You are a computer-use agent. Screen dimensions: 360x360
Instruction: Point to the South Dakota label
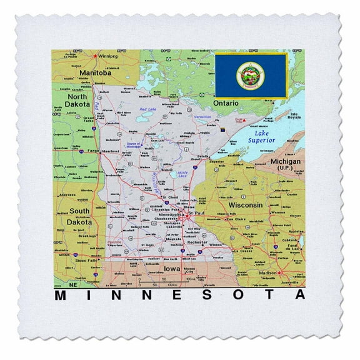point(80,217)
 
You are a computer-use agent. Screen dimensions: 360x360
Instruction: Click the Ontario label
point(226,101)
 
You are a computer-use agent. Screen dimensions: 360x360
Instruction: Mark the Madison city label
point(267,272)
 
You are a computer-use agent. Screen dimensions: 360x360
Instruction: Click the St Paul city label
point(199,212)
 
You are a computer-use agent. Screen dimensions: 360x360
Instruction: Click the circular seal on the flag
point(250,74)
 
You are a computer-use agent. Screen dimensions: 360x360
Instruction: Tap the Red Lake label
point(147,109)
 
